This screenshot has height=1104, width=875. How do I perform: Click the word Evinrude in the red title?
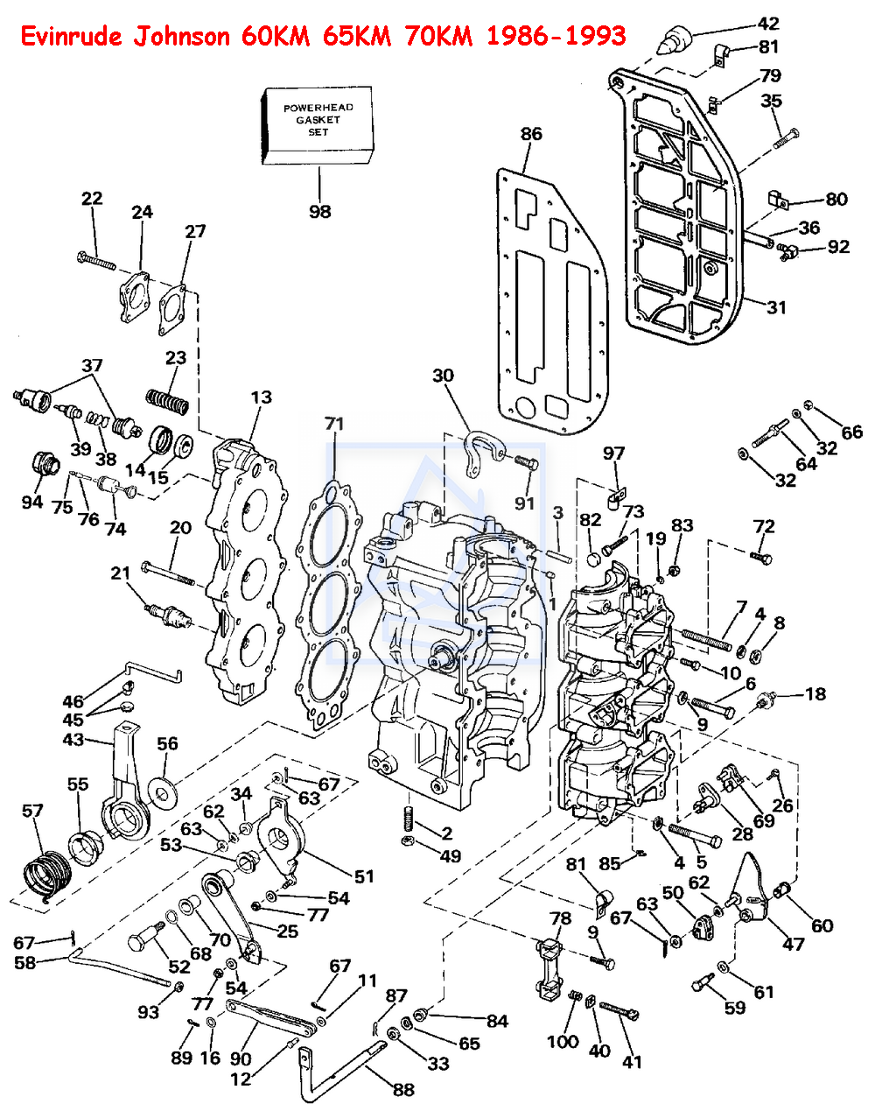click(71, 37)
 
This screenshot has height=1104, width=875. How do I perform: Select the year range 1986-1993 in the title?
click(556, 37)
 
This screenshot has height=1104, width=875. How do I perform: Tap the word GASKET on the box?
click(318, 120)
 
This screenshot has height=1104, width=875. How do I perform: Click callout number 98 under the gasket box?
click(319, 211)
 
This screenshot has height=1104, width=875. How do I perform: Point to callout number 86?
click(531, 134)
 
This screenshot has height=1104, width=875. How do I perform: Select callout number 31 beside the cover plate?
click(776, 307)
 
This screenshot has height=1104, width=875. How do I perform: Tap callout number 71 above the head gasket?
click(334, 424)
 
